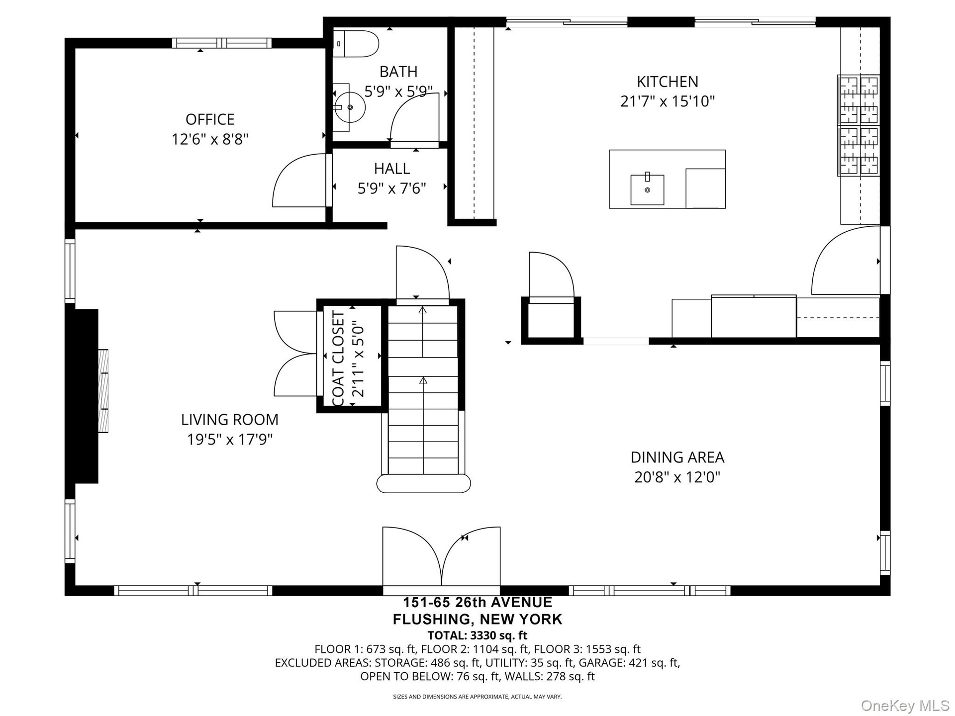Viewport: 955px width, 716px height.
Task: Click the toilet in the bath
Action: click(356, 43)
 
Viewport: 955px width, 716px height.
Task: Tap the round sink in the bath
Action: click(350, 107)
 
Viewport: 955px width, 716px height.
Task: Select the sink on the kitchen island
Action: click(647, 189)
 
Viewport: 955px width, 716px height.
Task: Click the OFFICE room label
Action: click(210, 119)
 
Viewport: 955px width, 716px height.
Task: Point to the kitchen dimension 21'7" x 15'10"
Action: click(667, 101)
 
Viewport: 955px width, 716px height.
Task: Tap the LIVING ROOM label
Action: click(230, 420)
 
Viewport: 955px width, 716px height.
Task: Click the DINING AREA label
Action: click(677, 457)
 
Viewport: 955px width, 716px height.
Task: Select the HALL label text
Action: click(392, 169)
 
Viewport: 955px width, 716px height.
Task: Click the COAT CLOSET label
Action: click(338, 359)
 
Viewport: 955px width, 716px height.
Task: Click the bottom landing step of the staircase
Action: click(423, 484)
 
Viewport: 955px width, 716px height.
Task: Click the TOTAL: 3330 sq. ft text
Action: click(477, 635)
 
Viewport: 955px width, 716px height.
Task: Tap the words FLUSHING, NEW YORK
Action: click(477, 620)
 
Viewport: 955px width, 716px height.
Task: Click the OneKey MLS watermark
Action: click(905, 705)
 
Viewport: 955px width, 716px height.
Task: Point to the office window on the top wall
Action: click(222, 43)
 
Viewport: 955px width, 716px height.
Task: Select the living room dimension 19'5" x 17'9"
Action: click(230, 440)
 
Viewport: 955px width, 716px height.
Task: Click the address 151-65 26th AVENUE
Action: click(477, 603)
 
